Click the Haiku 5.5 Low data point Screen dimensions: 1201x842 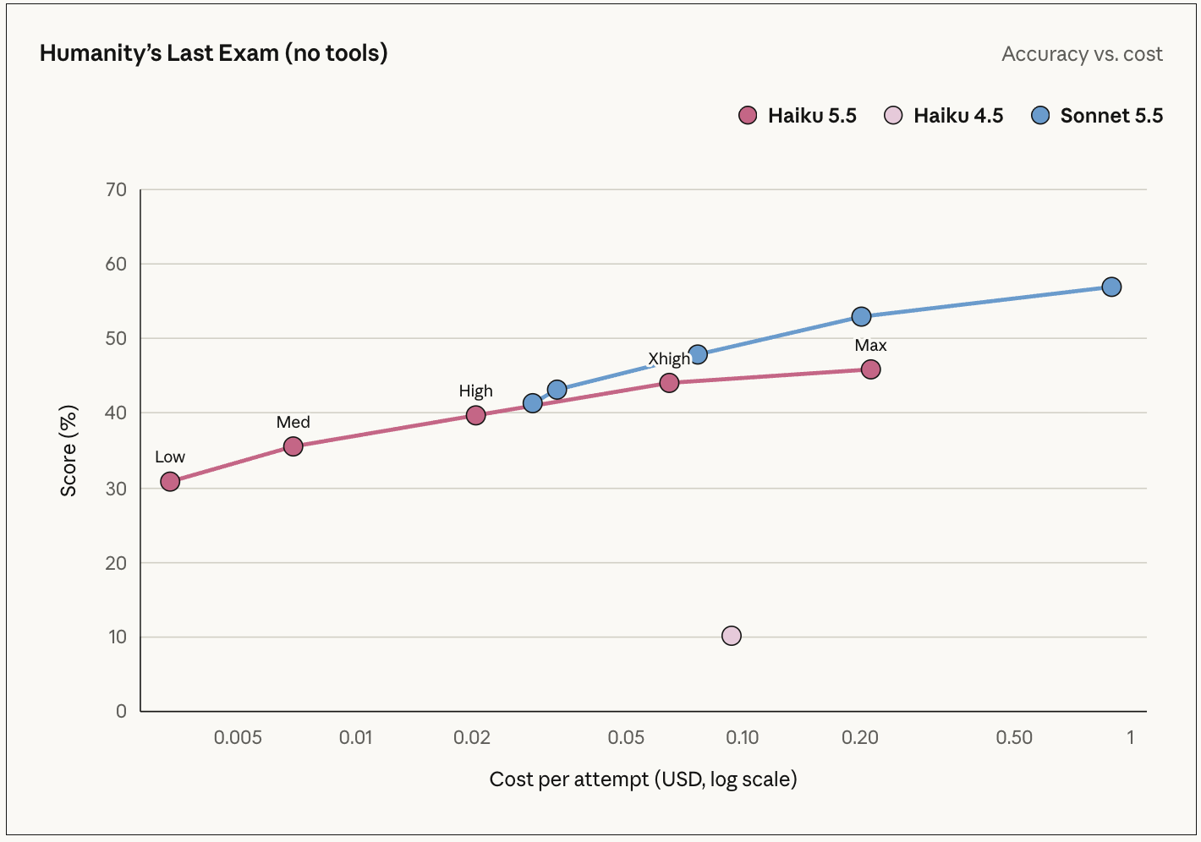tap(170, 482)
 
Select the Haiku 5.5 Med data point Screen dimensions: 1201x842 tap(293, 446)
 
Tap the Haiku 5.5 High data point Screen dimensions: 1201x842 tap(475, 415)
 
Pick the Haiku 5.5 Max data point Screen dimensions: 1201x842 tap(871, 369)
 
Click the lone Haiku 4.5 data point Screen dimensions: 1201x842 tap(732, 636)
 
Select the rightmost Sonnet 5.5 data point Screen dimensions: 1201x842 tap(1111, 287)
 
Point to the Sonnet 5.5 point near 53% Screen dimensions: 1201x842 tap(861, 317)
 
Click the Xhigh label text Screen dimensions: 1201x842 tap(669, 358)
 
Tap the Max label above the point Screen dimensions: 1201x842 tap(871, 345)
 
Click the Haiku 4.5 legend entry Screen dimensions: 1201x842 tap(944, 115)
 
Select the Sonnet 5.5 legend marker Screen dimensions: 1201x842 tap(1040, 115)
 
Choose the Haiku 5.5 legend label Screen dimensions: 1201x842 tap(812, 115)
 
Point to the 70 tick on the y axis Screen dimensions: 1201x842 tap(116, 189)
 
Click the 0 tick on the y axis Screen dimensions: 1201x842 tap(121, 711)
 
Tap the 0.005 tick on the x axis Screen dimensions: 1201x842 tap(238, 737)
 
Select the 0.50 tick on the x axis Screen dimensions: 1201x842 tap(1014, 737)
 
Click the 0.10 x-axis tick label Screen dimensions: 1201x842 tap(742, 737)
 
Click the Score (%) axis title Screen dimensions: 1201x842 tap(69, 451)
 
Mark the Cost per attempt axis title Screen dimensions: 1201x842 tap(644, 779)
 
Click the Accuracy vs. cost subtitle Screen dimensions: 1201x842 tap(1082, 53)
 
